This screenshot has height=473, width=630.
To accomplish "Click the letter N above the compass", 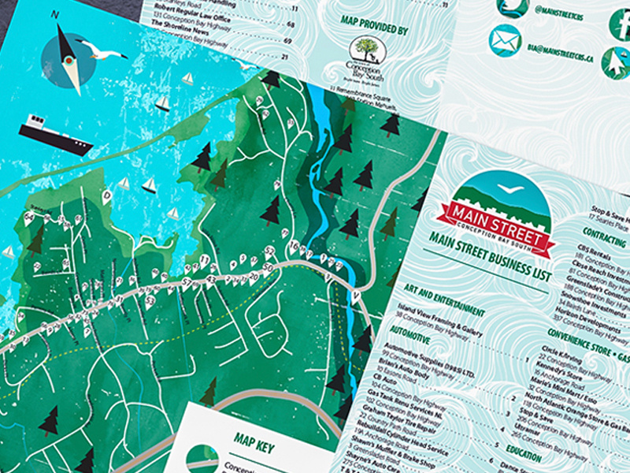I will point(55,14).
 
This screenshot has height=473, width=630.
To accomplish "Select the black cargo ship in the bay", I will point(54,134).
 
